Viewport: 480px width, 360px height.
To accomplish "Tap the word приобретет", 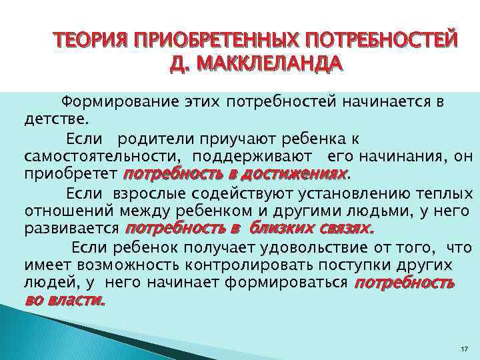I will [71, 175].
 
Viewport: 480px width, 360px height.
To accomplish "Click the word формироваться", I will [291, 283].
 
